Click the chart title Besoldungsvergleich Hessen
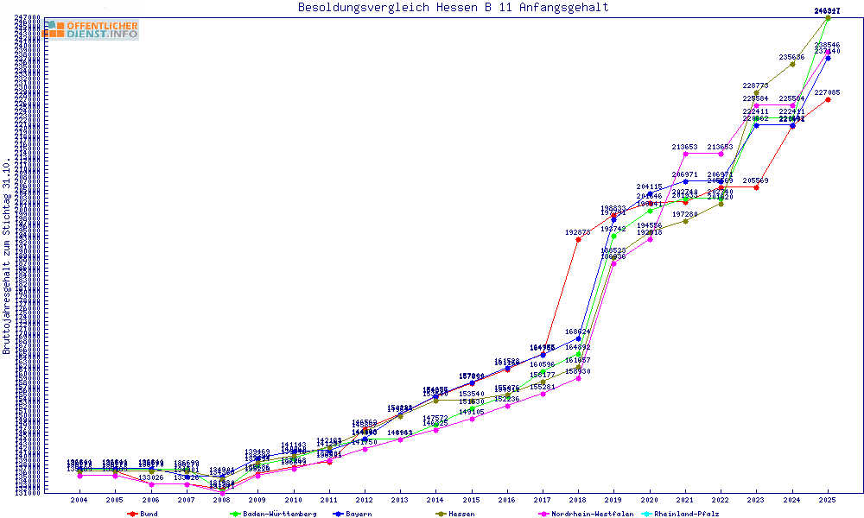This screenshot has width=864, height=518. (x=453, y=8)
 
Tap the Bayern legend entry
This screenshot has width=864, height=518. (x=357, y=514)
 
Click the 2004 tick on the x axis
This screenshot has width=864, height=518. (x=79, y=500)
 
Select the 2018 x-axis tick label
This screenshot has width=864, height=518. (x=578, y=500)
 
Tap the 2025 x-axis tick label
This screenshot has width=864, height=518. (x=828, y=500)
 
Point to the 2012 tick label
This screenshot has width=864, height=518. (x=365, y=500)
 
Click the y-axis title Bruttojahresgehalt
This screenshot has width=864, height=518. (x=7, y=256)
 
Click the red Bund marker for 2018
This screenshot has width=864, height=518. (x=578, y=239)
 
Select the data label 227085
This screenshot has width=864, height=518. (x=828, y=92)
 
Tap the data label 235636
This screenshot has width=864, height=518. (x=791, y=57)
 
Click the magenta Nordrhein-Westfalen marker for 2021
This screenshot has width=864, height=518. (x=685, y=155)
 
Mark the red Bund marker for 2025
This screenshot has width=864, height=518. (x=828, y=99)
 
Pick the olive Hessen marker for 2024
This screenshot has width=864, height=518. (x=792, y=64)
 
